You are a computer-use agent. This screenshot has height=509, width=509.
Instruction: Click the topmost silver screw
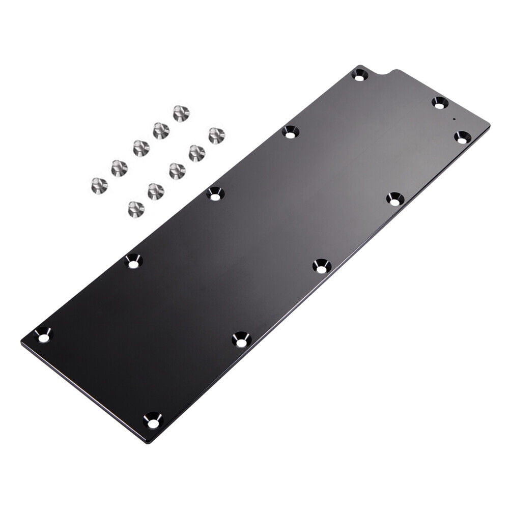[181, 113]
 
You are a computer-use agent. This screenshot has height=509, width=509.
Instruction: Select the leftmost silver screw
[99, 185]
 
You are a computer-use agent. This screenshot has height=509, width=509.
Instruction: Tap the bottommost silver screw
[136, 209]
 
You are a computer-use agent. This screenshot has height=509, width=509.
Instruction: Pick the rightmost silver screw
[216, 135]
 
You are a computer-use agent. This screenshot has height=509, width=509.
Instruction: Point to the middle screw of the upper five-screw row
[141, 148]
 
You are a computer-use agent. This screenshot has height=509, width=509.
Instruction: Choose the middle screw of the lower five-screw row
[177, 171]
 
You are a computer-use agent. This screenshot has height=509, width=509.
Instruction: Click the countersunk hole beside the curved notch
[360, 75]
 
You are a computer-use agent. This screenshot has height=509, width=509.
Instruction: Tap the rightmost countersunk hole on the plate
[462, 137]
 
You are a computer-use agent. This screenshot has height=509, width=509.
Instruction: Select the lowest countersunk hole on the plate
[153, 420]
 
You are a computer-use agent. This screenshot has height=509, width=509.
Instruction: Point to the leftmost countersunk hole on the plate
[43, 335]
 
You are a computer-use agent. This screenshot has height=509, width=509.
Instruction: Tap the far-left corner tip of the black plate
[21, 342]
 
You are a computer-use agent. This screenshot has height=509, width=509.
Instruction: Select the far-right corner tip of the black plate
[490, 125]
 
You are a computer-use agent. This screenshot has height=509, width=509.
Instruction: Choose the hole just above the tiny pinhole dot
[440, 102]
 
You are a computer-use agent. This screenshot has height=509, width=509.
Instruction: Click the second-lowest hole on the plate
[241, 340]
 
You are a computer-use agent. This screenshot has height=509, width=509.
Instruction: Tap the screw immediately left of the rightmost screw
[197, 153]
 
